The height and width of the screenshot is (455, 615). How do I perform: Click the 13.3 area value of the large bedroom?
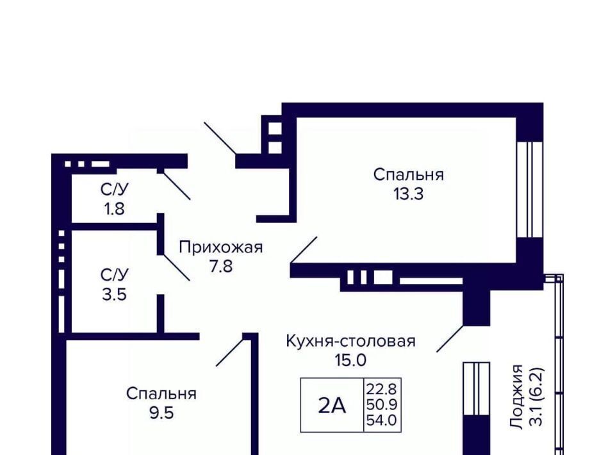pyautogui.click(x=408, y=194)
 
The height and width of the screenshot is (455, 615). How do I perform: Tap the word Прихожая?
pyautogui.click(x=221, y=247)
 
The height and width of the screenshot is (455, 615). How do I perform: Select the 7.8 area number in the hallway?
pyautogui.click(x=221, y=267)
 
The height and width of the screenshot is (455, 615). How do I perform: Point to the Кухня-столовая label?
pyautogui.click(x=350, y=341)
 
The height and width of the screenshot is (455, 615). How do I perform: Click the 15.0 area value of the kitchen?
pyautogui.click(x=350, y=360)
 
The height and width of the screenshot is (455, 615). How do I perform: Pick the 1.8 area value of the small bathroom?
pyautogui.click(x=114, y=209)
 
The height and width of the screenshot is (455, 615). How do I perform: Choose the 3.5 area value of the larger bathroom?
pyautogui.click(x=114, y=294)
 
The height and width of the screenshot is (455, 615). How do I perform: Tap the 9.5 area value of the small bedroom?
pyautogui.click(x=161, y=413)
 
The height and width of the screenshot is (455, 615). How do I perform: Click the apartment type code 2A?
pyautogui.click(x=332, y=406)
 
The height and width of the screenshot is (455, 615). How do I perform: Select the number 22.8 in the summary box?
pyautogui.click(x=382, y=389)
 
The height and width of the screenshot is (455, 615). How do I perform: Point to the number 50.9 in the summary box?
pyautogui.click(x=382, y=404)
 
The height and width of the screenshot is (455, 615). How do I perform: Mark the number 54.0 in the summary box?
pyautogui.click(x=382, y=420)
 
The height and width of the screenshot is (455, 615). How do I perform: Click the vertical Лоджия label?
pyautogui.click(x=516, y=396)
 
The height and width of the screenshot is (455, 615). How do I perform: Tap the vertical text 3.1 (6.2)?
pyautogui.click(x=536, y=397)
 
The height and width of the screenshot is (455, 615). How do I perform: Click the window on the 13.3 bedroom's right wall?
pyautogui.click(x=530, y=190)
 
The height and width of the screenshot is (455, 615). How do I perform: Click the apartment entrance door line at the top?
pyautogui.click(x=220, y=138)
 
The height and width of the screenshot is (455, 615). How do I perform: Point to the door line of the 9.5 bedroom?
pyautogui.click(x=231, y=352)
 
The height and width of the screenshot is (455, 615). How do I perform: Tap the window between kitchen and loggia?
pyautogui.click(x=477, y=389)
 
